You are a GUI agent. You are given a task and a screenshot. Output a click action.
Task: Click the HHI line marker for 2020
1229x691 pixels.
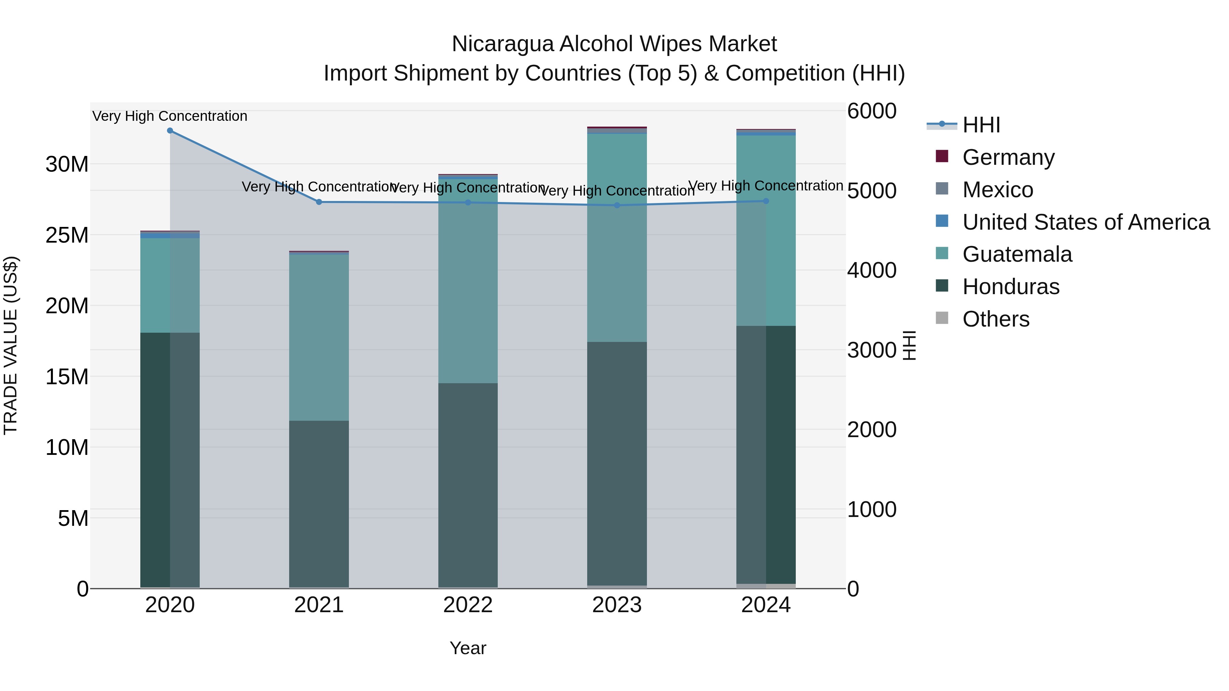[x=170, y=131]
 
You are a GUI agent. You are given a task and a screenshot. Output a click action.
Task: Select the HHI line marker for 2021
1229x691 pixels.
[x=319, y=202]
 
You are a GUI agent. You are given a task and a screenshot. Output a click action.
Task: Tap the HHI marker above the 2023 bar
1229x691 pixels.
[x=617, y=205]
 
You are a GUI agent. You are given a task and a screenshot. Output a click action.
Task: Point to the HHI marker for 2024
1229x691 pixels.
[x=766, y=201]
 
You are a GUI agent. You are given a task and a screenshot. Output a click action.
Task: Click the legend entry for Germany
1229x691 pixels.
[x=1008, y=157]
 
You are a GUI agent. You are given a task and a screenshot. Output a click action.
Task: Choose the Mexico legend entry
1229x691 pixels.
[x=998, y=190]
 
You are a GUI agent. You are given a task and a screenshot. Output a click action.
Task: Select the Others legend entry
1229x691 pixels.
[x=996, y=319]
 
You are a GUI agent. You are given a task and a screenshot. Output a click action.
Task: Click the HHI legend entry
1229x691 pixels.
[x=981, y=125]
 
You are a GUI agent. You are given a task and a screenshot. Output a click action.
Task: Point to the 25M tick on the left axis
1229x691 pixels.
[x=67, y=235]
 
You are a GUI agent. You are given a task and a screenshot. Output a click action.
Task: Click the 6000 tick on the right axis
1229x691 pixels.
[x=872, y=111]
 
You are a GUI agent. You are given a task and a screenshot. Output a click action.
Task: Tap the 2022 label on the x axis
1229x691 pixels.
[x=468, y=605]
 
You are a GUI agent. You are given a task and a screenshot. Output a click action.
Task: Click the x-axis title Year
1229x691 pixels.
[x=468, y=648]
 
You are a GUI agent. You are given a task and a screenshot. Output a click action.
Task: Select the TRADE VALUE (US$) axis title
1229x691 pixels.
[x=11, y=345]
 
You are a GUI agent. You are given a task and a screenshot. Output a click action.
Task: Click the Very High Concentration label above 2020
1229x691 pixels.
[x=170, y=116]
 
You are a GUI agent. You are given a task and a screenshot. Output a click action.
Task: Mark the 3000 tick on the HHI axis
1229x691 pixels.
[x=872, y=350]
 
